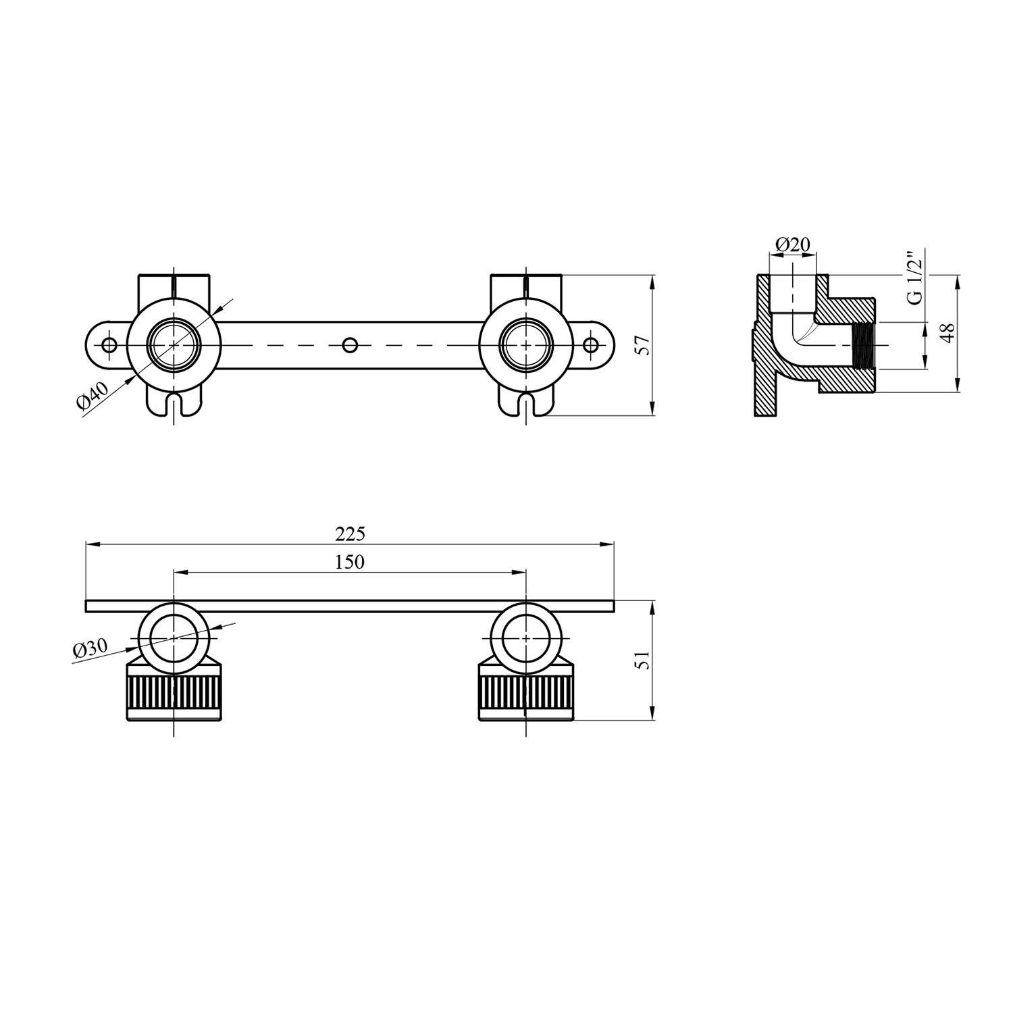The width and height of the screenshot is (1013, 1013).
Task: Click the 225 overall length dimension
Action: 350,534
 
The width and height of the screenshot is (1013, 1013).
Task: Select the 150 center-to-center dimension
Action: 350,562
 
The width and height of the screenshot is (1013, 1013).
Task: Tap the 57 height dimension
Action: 644,345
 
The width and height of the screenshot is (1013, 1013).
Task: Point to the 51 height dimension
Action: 644,660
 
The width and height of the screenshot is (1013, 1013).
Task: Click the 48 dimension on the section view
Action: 949,333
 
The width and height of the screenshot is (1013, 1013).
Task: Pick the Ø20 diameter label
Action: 793,244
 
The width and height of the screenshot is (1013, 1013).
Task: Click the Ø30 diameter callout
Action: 90,648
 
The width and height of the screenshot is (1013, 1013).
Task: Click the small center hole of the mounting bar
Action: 350,345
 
